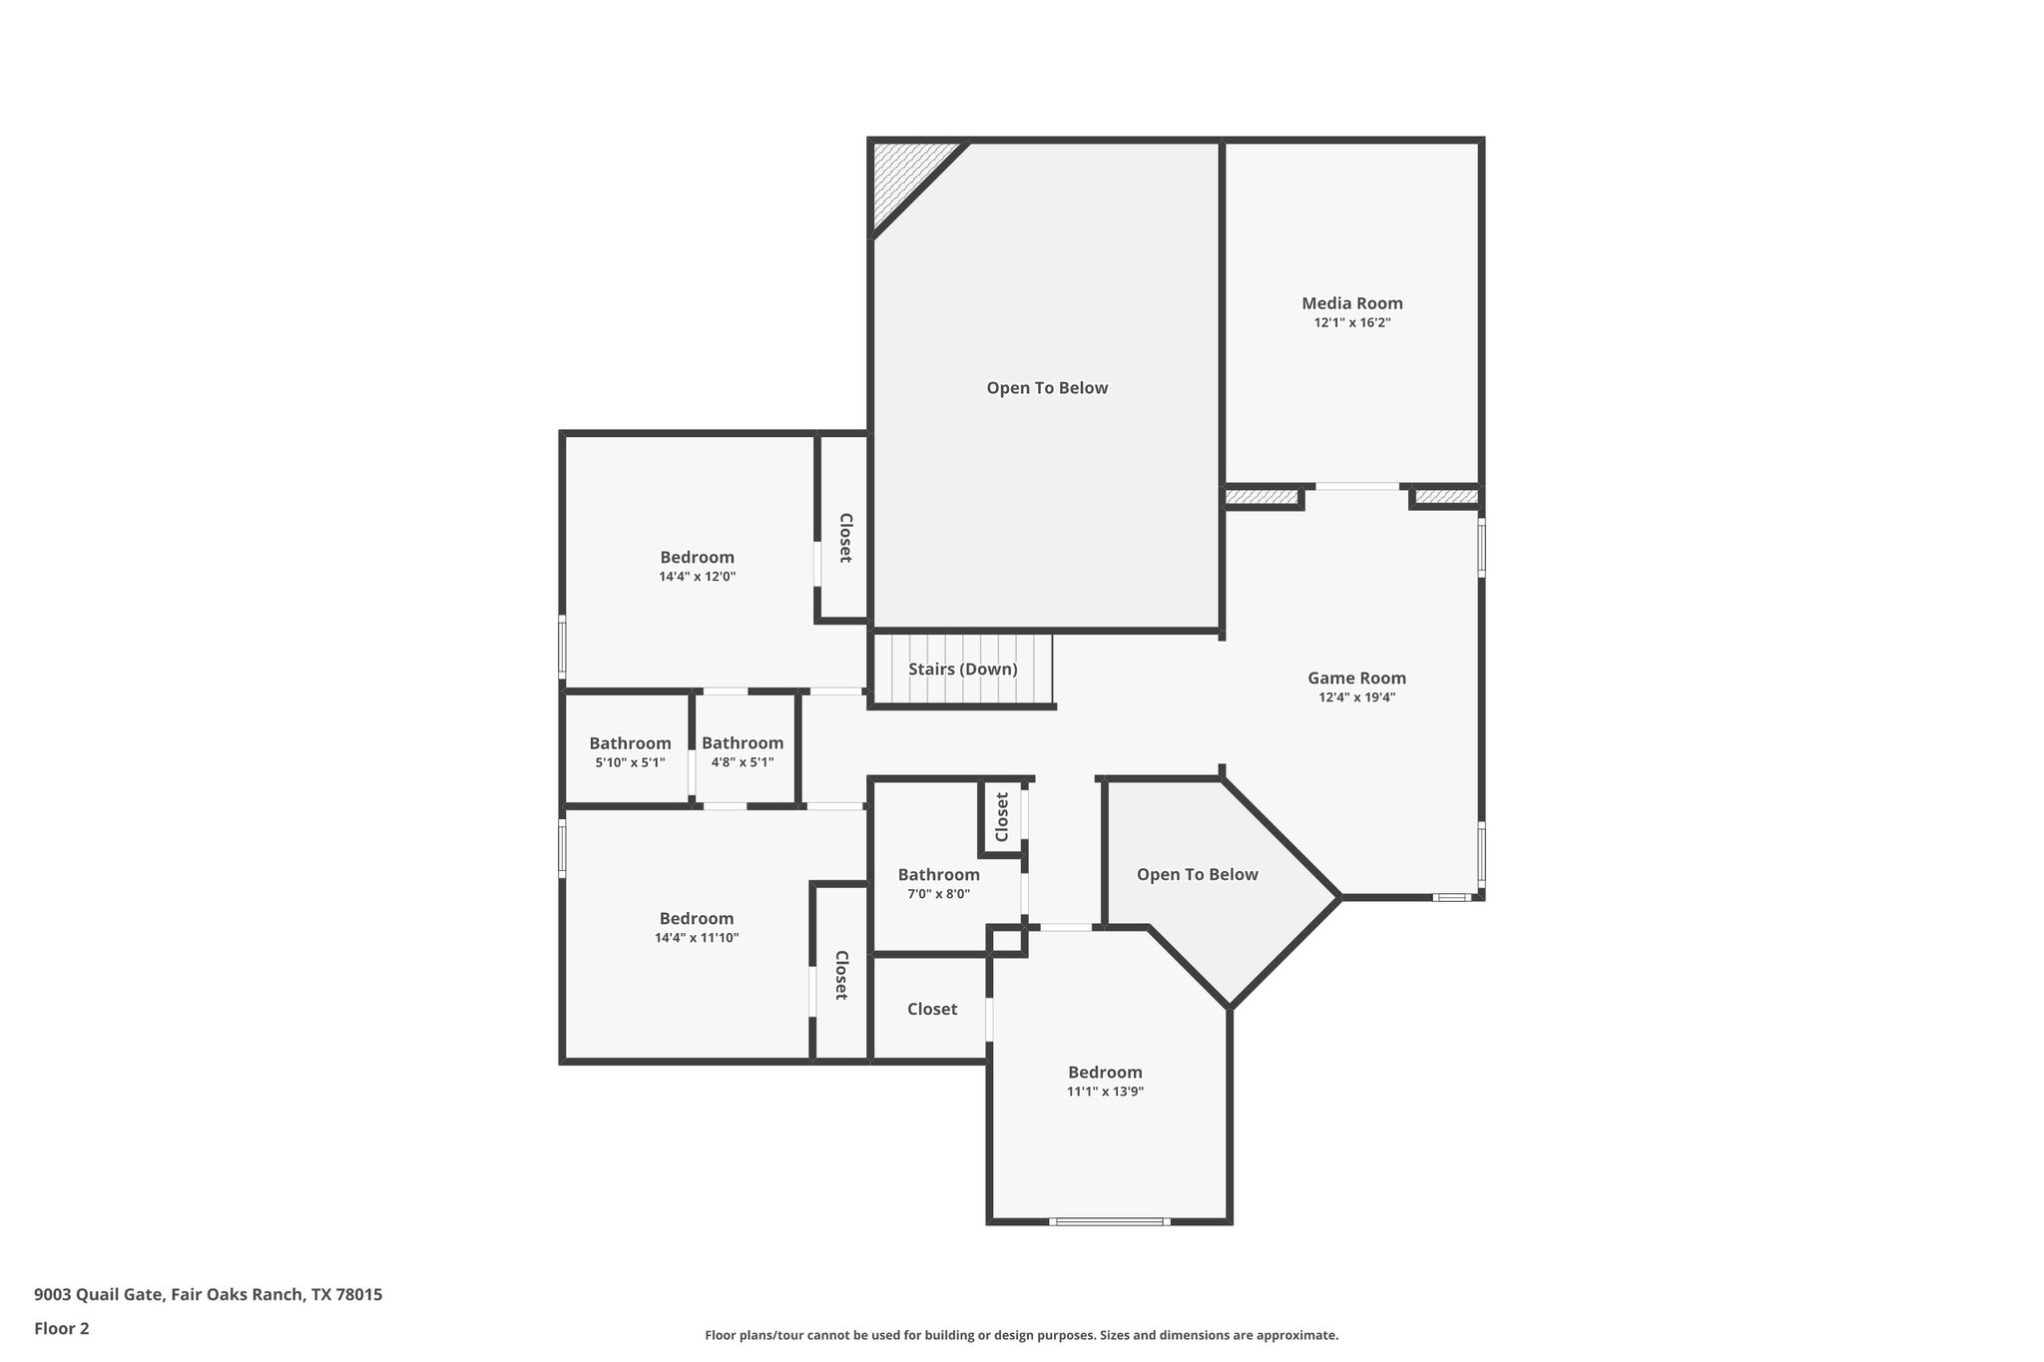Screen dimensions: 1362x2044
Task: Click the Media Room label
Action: (x=1351, y=303)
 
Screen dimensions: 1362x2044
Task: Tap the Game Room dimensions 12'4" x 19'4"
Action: (x=1356, y=697)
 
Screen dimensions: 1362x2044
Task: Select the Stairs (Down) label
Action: (x=962, y=669)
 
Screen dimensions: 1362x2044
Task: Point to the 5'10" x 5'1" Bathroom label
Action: (x=630, y=743)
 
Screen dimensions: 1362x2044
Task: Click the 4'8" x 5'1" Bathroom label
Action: (x=742, y=743)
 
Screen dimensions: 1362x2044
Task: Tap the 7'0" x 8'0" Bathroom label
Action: (x=938, y=875)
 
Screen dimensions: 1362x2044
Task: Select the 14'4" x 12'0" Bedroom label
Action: (x=697, y=558)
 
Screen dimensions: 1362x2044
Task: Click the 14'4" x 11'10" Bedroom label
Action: (x=697, y=919)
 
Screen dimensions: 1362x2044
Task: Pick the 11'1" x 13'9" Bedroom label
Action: (x=1105, y=1073)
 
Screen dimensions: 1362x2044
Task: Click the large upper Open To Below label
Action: (x=1047, y=388)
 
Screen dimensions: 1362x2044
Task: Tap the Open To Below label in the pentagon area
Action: (x=1197, y=874)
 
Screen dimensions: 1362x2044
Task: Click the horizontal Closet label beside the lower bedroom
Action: (x=932, y=1009)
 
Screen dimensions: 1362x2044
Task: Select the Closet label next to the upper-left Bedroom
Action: (x=844, y=538)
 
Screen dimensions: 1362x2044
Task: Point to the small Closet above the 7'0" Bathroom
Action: (x=1002, y=816)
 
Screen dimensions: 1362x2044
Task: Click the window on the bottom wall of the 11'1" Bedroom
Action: (x=1108, y=1221)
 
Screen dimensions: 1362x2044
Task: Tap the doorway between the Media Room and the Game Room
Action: (x=1356, y=487)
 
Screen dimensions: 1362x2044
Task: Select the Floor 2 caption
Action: (x=62, y=1328)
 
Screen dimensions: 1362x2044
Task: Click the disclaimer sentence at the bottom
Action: (x=1021, y=1335)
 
